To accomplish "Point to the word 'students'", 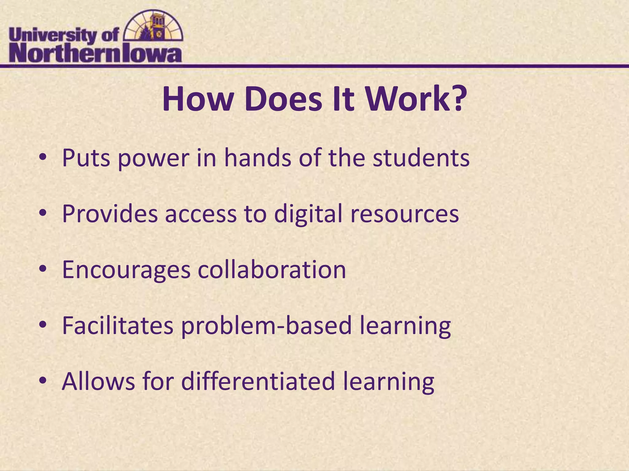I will (421, 158).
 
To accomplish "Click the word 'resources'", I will (404, 214).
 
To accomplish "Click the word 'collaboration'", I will (272, 270).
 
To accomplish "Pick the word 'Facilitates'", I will (118, 325).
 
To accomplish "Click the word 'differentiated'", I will (258, 381).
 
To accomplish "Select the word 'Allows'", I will (98, 381).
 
